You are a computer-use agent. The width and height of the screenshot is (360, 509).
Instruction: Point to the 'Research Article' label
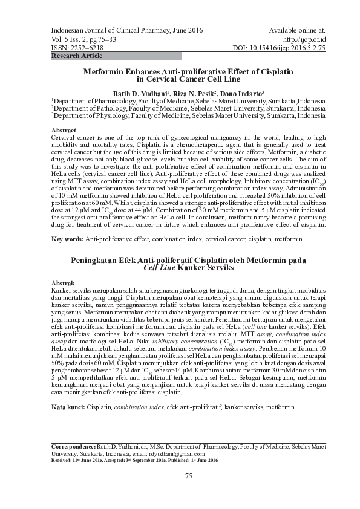click(x=77, y=55)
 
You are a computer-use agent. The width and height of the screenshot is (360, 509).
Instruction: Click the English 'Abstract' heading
click(x=64, y=131)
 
